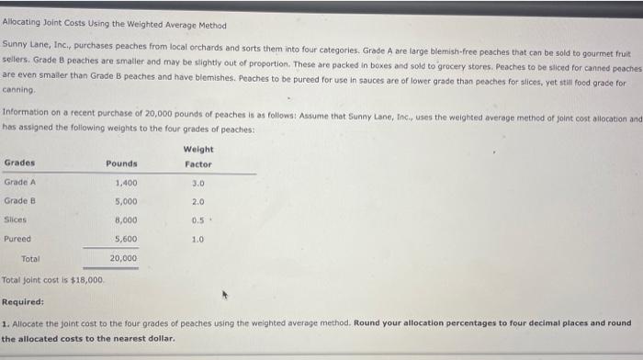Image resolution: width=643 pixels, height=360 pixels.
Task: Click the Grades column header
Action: click(x=20, y=164)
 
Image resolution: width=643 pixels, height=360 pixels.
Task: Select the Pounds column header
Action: click(x=121, y=164)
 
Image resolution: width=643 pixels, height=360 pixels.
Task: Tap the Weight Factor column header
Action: click(x=198, y=157)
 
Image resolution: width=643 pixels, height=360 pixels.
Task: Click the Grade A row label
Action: click(x=20, y=182)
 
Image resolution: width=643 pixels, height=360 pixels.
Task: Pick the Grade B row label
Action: click(x=20, y=201)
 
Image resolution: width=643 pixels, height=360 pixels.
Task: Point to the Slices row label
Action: click(x=17, y=220)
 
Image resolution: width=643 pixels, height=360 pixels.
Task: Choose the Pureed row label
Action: click(x=18, y=239)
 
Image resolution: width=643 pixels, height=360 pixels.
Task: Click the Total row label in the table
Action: click(x=31, y=259)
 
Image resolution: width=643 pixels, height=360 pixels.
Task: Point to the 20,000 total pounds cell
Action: click(x=123, y=259)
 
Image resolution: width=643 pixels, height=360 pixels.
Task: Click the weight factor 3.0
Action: click(x=198, y=182)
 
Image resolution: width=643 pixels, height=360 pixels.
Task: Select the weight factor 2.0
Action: click(x=198, y=201)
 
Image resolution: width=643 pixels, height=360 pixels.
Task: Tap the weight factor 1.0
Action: click(x=198, y=239)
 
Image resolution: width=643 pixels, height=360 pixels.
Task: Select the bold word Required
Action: click(x=23, y=301)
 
